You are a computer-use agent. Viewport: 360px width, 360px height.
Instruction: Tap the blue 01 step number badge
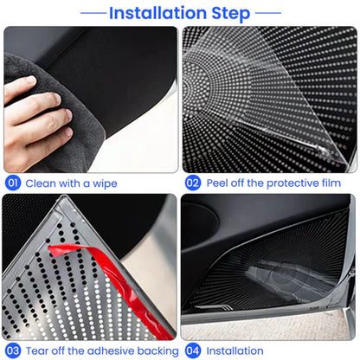(x=13, y=183)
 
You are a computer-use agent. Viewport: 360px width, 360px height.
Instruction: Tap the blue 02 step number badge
(x=192, y=183)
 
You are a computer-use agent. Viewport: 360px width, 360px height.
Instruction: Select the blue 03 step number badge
(x=13, y=350)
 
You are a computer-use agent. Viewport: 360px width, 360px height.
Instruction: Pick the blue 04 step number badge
(x=192, y=350)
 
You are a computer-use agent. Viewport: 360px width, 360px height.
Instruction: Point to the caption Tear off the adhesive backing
(x=101, y=350)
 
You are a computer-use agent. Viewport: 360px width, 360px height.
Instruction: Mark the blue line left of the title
(x=91, y=14)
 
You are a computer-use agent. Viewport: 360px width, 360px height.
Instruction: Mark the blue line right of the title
(x=268, y=14)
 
